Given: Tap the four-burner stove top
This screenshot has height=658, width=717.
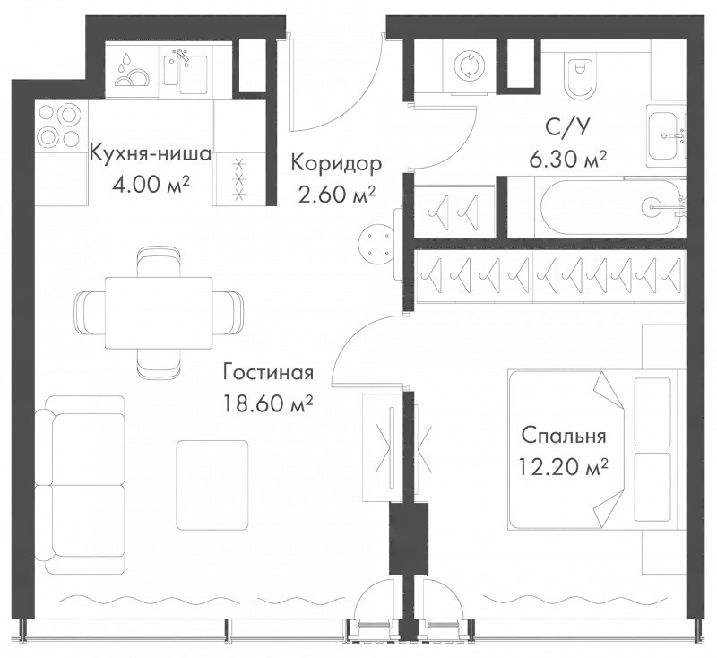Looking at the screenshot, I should tap(61, 126).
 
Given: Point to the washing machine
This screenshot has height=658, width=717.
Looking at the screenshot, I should tap(469, 66).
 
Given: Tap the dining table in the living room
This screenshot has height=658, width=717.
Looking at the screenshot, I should tap(159, 312).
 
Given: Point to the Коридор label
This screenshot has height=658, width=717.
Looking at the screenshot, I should tap(334, 164).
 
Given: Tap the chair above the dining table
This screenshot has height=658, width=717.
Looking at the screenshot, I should tap(159, 262).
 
